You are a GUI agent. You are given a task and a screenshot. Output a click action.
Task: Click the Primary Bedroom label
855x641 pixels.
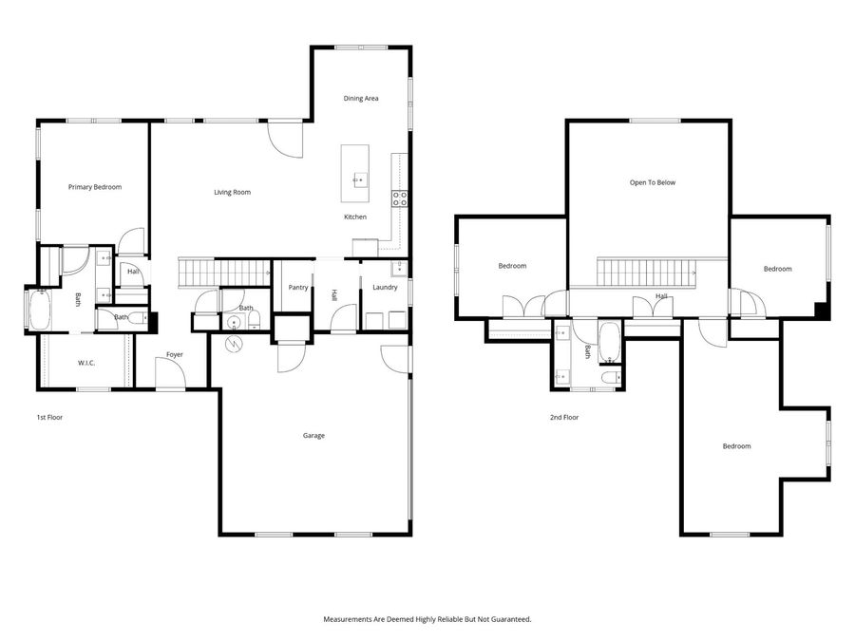tap(95, 187)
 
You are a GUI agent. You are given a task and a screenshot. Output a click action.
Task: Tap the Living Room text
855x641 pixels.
tap(232, 193)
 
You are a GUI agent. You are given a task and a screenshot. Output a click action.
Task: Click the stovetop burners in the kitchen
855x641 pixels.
tap(400, 198)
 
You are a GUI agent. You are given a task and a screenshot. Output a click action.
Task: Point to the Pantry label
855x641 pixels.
tap(298, 287)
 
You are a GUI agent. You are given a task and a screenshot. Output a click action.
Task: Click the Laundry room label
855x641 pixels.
tap(385, 287)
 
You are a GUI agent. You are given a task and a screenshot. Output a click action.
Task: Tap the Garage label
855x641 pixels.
tap(313, 436)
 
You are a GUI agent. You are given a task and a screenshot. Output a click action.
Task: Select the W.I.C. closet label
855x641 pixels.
tap(85, 363)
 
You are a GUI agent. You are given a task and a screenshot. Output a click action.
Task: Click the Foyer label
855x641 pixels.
tap(175, 354)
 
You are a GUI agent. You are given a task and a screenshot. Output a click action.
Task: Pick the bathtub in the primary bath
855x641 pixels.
tap(40, 311)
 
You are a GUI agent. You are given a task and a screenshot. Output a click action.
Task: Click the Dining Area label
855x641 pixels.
tap(361, 98)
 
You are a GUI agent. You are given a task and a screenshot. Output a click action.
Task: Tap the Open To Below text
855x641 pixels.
tap(653, 182)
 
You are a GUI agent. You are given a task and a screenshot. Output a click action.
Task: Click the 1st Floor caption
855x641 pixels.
tap(49, 417)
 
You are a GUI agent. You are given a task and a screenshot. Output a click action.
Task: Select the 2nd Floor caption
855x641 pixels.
tap(564, 417)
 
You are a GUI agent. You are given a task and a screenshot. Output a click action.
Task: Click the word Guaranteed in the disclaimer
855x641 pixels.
tap(506, 619)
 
